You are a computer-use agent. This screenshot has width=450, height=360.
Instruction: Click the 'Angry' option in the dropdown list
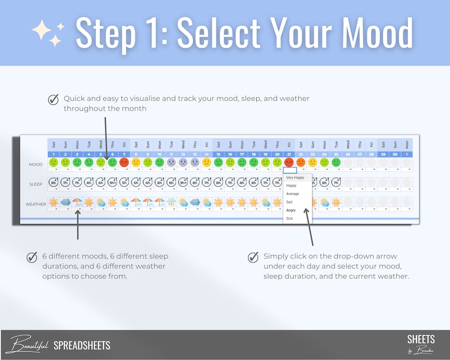coord(291,210)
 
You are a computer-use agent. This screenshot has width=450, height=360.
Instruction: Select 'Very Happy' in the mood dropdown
coord(295,177)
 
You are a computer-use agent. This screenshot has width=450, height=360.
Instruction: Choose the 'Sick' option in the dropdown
coord(290,218)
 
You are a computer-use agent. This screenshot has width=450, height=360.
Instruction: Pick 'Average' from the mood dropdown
coord(292,194)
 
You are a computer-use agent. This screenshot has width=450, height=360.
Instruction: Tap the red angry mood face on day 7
coord(124,162)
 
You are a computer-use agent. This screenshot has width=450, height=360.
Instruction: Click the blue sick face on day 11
coord(172,162)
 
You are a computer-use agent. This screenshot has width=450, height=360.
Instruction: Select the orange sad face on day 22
coord(301,162)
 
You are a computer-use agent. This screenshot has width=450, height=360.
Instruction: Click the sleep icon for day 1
coord(54,183)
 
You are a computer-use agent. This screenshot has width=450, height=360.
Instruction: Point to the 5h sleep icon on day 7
coord(124,183)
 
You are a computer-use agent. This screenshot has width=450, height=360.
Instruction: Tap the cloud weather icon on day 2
coord(65,202)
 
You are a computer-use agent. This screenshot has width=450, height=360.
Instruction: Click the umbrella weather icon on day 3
coord(77,202)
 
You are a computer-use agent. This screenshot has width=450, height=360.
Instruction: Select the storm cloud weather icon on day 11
coord(172,202)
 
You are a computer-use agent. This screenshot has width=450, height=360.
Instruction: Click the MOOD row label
coord(36,165)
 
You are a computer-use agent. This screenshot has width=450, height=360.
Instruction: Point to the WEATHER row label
coord(35,204)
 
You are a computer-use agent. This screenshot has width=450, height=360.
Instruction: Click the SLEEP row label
coord(36,184)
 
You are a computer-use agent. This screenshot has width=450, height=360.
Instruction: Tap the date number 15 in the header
coord(219,154)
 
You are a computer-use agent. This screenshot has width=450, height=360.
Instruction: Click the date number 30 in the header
coord(396,154)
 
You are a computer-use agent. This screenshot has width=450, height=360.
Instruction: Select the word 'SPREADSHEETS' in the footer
coord(82,345)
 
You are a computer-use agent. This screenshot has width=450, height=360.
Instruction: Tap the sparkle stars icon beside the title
coord(48,33)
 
